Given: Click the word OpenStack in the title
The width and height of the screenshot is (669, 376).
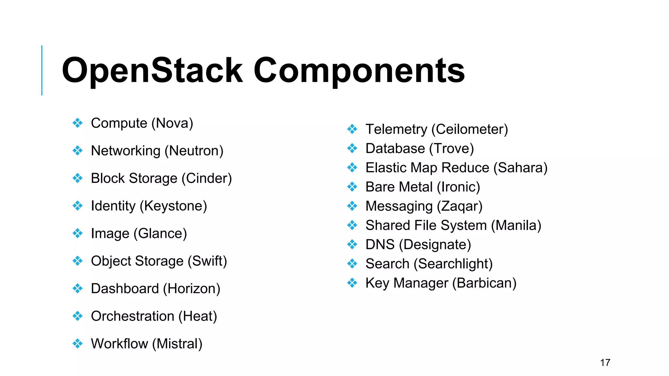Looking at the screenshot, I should (152, 70).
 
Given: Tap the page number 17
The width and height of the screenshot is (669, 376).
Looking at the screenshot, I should (605, 363).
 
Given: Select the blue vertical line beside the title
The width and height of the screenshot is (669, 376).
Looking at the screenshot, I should (42, 70).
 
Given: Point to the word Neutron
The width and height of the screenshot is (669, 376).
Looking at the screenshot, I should (194, 151).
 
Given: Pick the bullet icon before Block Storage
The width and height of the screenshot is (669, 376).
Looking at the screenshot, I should (77, 178).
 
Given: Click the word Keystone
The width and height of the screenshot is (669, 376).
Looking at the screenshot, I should (173, 206).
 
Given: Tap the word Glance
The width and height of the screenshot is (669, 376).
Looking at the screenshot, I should (160, 234).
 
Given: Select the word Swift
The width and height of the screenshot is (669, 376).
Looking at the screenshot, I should (207, 261).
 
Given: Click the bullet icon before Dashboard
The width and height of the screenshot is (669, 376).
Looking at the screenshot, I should (77, 289).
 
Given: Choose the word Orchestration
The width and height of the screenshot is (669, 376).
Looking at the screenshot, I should (132, 316).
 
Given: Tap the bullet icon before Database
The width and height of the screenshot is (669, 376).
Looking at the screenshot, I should (352, 149).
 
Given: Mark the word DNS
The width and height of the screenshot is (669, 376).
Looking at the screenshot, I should (380, 244).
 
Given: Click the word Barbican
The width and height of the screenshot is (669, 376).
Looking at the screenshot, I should (484, 283).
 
